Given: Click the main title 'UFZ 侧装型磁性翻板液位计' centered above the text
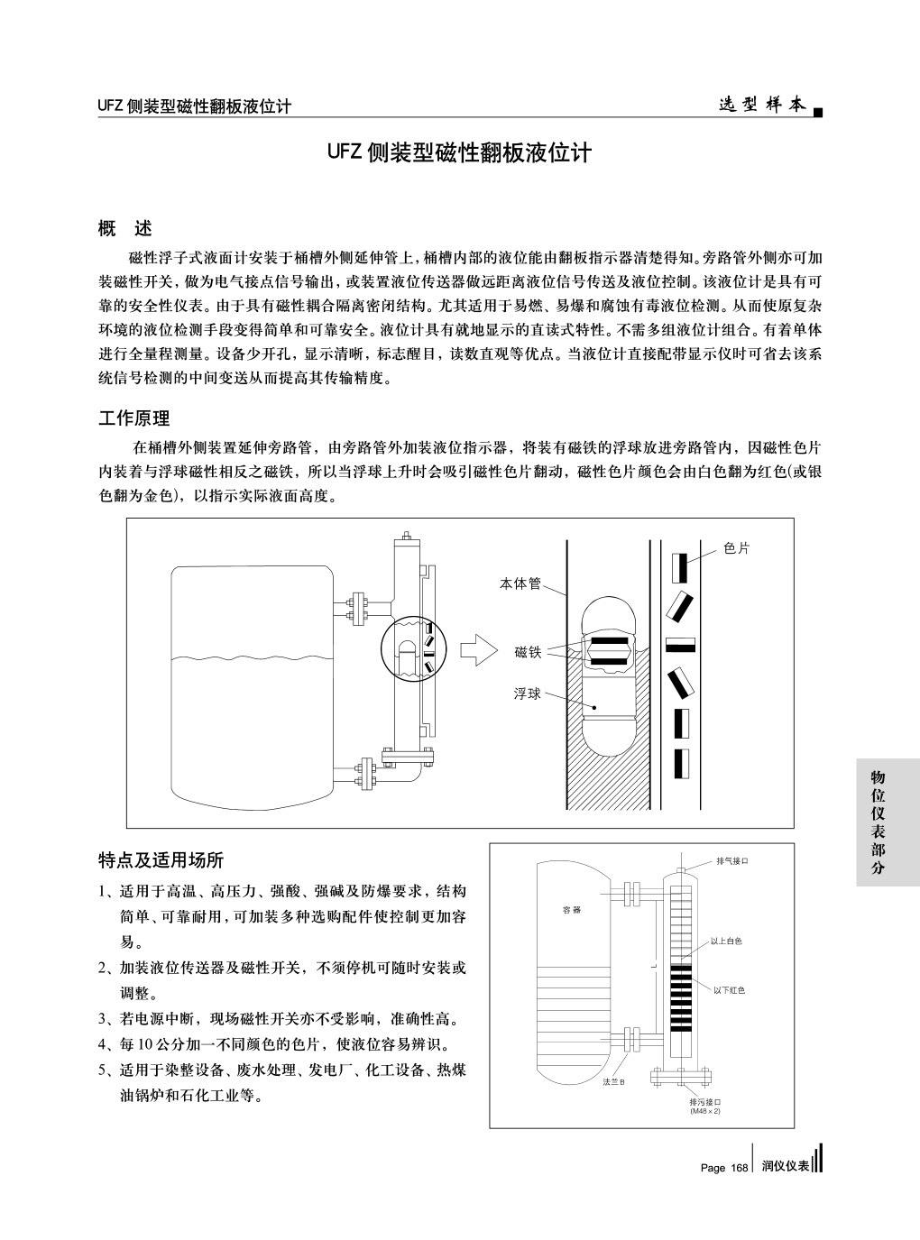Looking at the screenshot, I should pos(459,152).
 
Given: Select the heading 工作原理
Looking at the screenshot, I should pos(133,418).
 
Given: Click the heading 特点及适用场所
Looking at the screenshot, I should pos(161,859).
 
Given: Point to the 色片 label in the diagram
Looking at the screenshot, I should pos(737,548).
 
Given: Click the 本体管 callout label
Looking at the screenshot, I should pos(520,583).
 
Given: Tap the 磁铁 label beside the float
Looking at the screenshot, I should pos(528,651).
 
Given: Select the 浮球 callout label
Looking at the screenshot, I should pos(528,694).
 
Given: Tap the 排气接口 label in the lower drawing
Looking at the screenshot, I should pos(732,860).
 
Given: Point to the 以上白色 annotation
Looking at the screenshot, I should pos(726,941).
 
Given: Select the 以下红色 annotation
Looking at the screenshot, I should pos(729,990).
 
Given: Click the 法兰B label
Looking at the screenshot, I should pos(613,1080).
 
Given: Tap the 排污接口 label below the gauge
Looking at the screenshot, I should pos(705,1102).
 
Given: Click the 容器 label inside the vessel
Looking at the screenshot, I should pos(572,909).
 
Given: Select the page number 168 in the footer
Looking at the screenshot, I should pos(739,1167).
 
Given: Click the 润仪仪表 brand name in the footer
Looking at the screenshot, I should pos(785,1166).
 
